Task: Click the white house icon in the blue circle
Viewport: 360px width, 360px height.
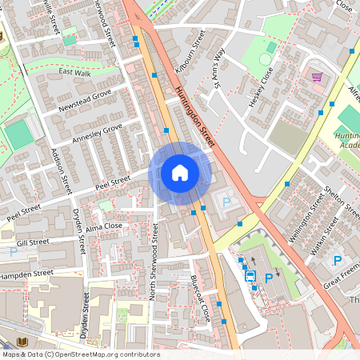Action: click(x=180, y=173)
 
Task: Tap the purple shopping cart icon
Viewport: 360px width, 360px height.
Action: click(x=317, y=78)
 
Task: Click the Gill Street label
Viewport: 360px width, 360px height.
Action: click(x=33, y=241)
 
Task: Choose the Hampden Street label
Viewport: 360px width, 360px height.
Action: click(x=26, y=274)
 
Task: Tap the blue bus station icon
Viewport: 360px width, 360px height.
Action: click(x=250, y=276)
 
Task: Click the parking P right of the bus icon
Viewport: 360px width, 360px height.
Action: click(x=268, y=278)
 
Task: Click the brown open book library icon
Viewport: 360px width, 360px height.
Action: click(x=22, y=342)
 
